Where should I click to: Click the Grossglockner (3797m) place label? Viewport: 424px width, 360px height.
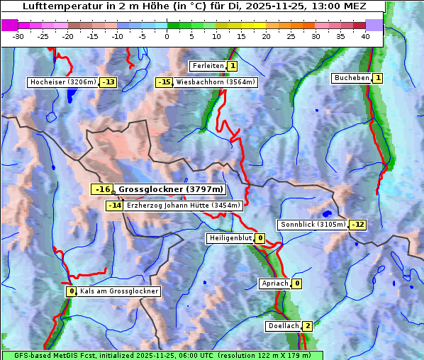point(171,189)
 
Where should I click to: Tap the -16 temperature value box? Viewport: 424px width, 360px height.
point(103,189)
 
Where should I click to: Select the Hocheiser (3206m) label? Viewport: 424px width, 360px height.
point(62,82)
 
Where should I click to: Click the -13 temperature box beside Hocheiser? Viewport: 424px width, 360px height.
point(108,82)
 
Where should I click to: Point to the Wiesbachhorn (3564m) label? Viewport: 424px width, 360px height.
point(216,82)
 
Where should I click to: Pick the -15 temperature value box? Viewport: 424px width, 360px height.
point(164,82)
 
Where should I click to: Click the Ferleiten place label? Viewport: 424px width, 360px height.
point(208,66)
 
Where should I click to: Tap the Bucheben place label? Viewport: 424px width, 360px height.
point(352,77)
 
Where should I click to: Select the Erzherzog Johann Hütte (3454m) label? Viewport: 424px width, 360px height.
point(184,206)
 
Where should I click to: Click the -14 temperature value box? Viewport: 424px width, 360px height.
point(114,206)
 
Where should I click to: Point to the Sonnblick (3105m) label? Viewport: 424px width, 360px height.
point(313,225)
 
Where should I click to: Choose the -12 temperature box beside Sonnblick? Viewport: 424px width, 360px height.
point(358,225)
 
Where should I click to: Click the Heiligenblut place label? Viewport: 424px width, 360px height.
point(230,238)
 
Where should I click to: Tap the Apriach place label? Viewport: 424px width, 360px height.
point(274,283)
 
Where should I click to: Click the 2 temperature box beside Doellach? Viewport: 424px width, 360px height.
point(307,326)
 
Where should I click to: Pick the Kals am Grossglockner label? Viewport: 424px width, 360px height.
point(118,291)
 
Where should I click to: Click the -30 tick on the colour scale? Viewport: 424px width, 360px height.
point(18,35)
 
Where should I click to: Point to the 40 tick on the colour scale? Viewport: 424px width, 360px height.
point(365,35)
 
